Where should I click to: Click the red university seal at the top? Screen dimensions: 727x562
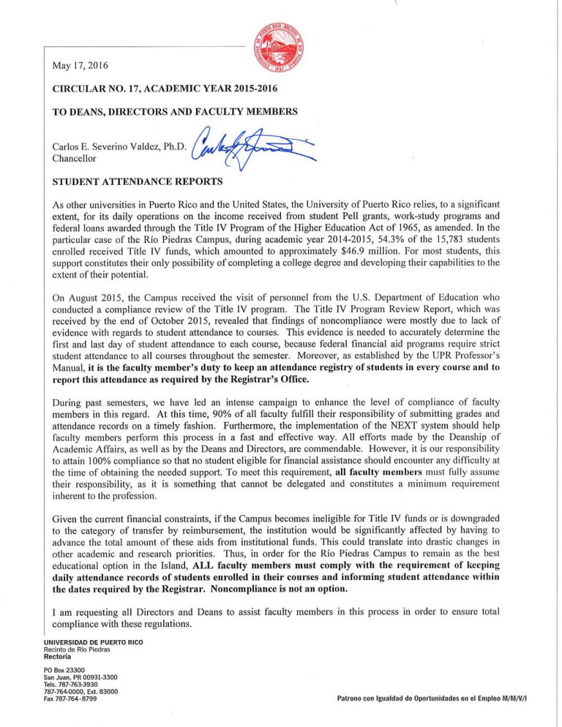pos(277,48)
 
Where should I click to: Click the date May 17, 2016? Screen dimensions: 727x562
pos(80,66)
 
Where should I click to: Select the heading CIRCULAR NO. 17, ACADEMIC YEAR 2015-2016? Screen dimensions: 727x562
pos(165,89)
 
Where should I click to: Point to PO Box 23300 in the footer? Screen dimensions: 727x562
pos(64,671)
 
